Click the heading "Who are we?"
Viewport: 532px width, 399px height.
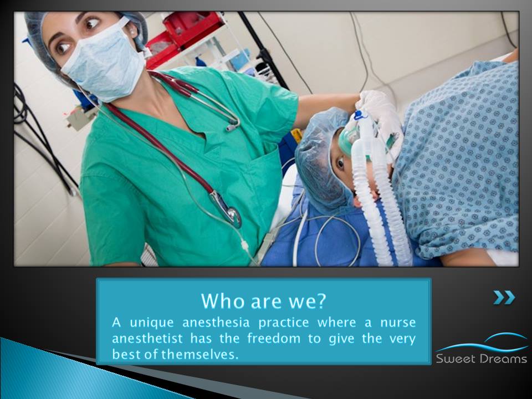[x=263, y=300]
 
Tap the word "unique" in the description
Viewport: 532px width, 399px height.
[x=152, y=323]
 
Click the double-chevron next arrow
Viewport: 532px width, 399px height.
[x=504, y=298]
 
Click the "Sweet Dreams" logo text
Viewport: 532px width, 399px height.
[x=481, y=359]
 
